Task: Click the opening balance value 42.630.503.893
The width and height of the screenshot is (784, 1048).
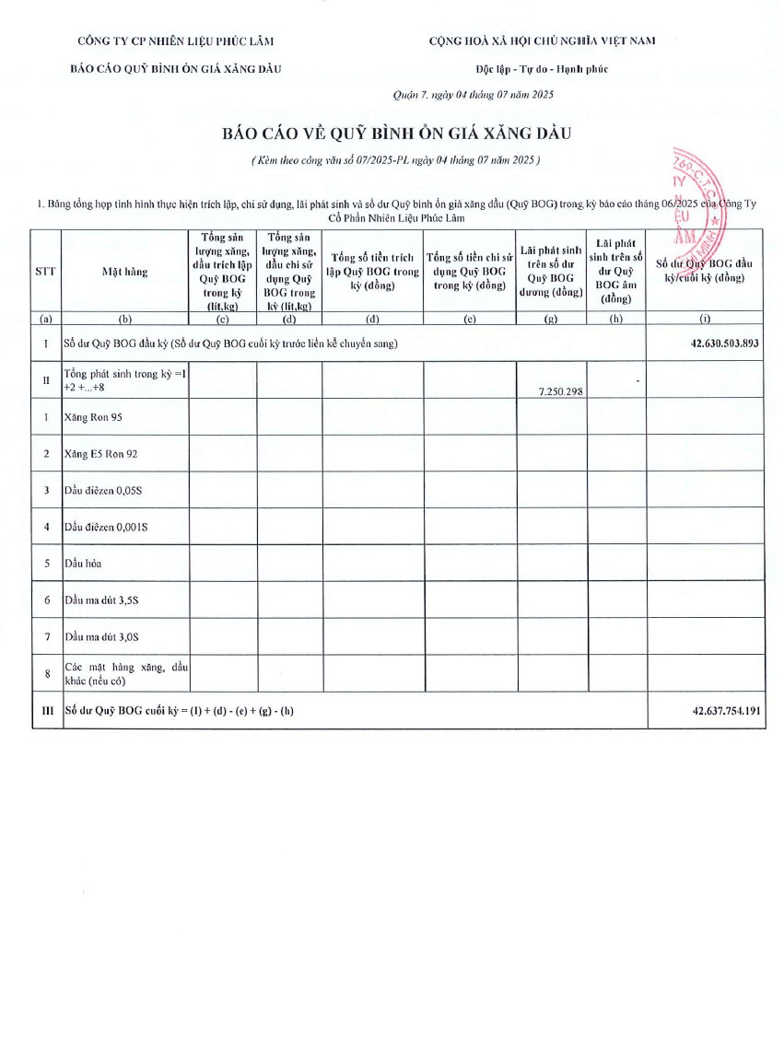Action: [x=724, y=343]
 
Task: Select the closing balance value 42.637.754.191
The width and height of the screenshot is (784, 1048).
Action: [x=725, y=711]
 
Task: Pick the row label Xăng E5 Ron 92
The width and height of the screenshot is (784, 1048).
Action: [x=101, y=454]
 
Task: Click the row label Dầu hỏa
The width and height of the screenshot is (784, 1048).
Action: [x=83, y=563]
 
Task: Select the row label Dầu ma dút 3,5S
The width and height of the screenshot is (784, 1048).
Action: [x=101, y=600]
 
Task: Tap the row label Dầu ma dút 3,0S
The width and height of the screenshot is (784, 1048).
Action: [x=101, y=636]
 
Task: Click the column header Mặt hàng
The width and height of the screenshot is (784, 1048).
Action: [x=124, y=272]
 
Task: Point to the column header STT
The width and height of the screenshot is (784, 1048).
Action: [x=46, y=272]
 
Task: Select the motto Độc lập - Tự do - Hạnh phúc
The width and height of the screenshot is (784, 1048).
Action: [x=542, y=69]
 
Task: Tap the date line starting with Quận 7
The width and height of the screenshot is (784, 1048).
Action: [x=473, y=94]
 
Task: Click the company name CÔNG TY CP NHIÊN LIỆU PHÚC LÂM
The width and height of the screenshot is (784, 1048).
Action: [x=176, y=41]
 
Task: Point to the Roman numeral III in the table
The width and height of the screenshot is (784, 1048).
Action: [x=46, y=711]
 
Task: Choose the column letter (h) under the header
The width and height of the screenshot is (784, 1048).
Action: [x=615, y=320]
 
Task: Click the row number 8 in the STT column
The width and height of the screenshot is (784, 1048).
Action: [x=46, y=673]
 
